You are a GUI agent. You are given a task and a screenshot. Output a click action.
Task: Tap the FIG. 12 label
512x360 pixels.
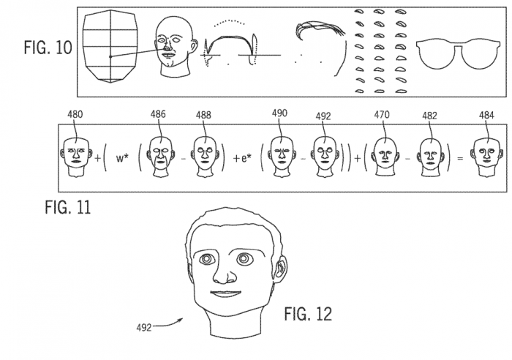[307, 315]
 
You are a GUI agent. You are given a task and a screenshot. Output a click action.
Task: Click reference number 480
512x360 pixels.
[73, 114]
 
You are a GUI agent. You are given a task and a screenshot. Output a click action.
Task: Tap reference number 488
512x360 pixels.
[204, 114]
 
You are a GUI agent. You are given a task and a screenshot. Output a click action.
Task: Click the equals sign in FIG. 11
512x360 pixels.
[458, 157]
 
